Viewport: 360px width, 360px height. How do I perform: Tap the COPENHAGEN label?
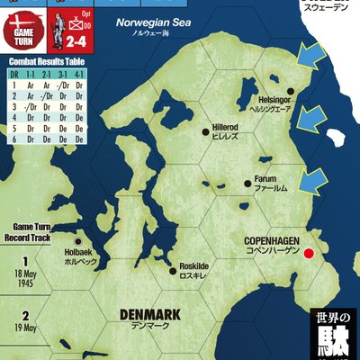274,241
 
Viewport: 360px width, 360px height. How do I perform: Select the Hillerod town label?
223,129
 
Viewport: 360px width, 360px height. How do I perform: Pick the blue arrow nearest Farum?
310,180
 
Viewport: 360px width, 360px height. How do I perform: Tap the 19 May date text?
25,328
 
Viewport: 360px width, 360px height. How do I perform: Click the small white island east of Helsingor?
337,139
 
